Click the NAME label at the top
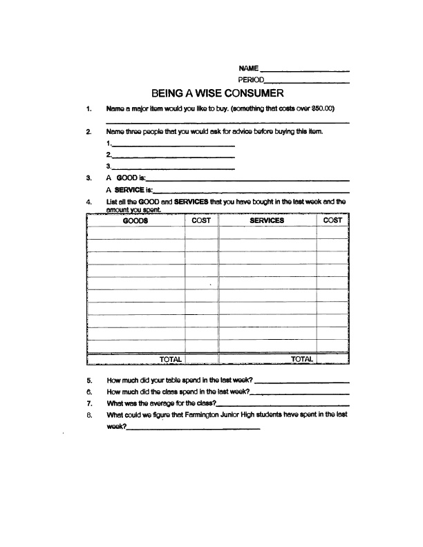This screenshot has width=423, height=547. coord(248,68)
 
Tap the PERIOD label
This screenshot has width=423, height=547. coord(252,81)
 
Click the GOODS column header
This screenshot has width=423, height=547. coord(135,220)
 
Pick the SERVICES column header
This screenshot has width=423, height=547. coord(267,220)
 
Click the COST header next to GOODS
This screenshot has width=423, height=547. coord(201,220)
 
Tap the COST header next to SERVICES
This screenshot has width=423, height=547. coord(332,220)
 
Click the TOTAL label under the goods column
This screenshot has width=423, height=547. coord(171,359)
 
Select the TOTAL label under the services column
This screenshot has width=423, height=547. coord(302,359)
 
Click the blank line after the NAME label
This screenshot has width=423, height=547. coord(304,71)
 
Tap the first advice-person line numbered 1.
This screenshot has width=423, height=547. coord(173,146)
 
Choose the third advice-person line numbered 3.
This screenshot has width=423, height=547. coord(173,169)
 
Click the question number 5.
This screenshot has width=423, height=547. coord(90,381)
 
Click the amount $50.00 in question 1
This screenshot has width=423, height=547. coord(322,108)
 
